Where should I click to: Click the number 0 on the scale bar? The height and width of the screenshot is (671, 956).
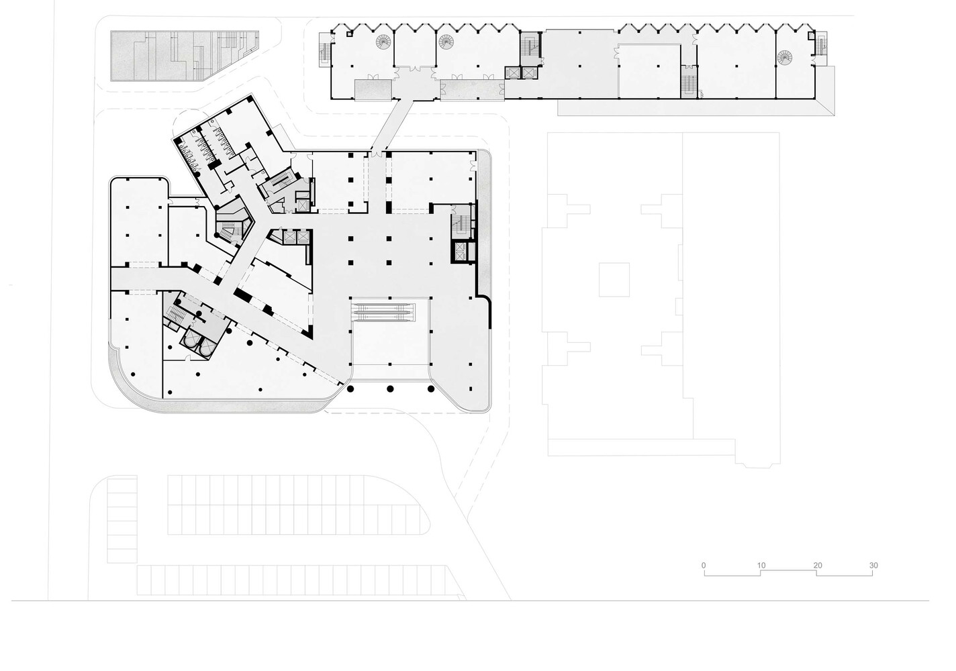(x=704, y=565)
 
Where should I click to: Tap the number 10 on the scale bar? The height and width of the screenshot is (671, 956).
(x=761, y=565)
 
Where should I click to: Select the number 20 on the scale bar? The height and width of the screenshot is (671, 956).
(x=817, y=565)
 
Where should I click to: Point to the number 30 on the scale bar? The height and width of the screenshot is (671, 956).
(x=873, y=565)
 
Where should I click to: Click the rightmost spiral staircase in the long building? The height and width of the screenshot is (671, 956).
(x=784, y=58)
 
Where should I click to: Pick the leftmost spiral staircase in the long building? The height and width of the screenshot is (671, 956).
(x=383, y=42)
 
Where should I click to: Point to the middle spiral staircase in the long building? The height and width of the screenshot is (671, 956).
(x=446, y=42)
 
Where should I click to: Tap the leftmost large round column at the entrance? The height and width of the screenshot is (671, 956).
(x=350, y=389)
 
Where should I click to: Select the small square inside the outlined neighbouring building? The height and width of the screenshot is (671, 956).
(x=614, y=279)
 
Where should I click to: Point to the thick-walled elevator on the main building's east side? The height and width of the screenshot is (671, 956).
(x=460, y=252)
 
